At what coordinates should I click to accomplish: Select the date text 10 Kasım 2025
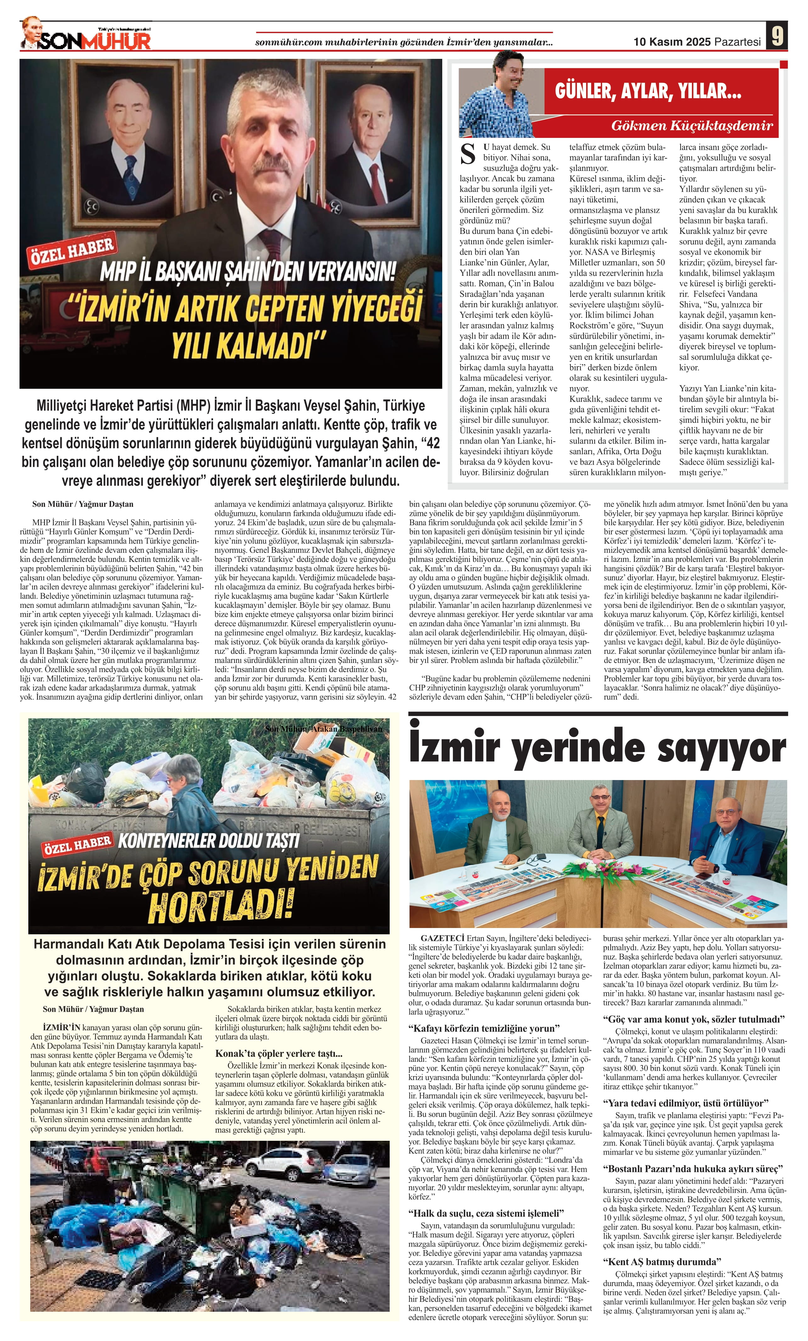672,42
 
